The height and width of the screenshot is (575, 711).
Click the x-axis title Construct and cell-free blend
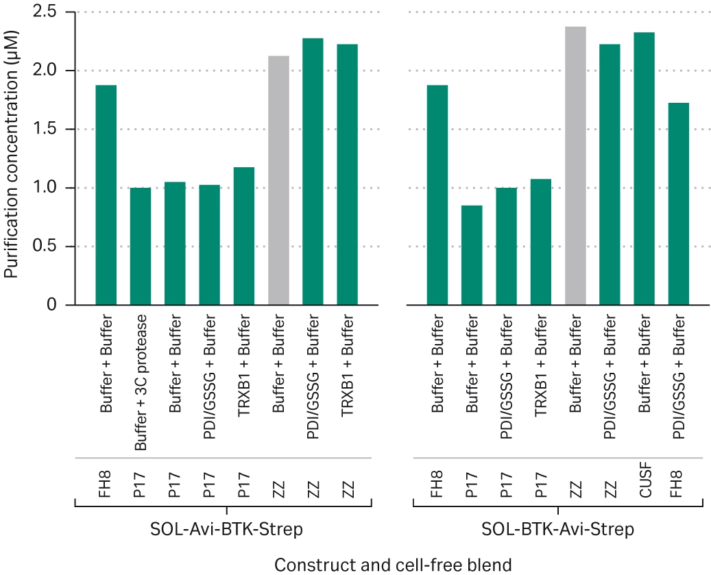[x=393, y=565]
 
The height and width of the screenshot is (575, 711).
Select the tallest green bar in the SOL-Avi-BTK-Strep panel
[x=313, y=171]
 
